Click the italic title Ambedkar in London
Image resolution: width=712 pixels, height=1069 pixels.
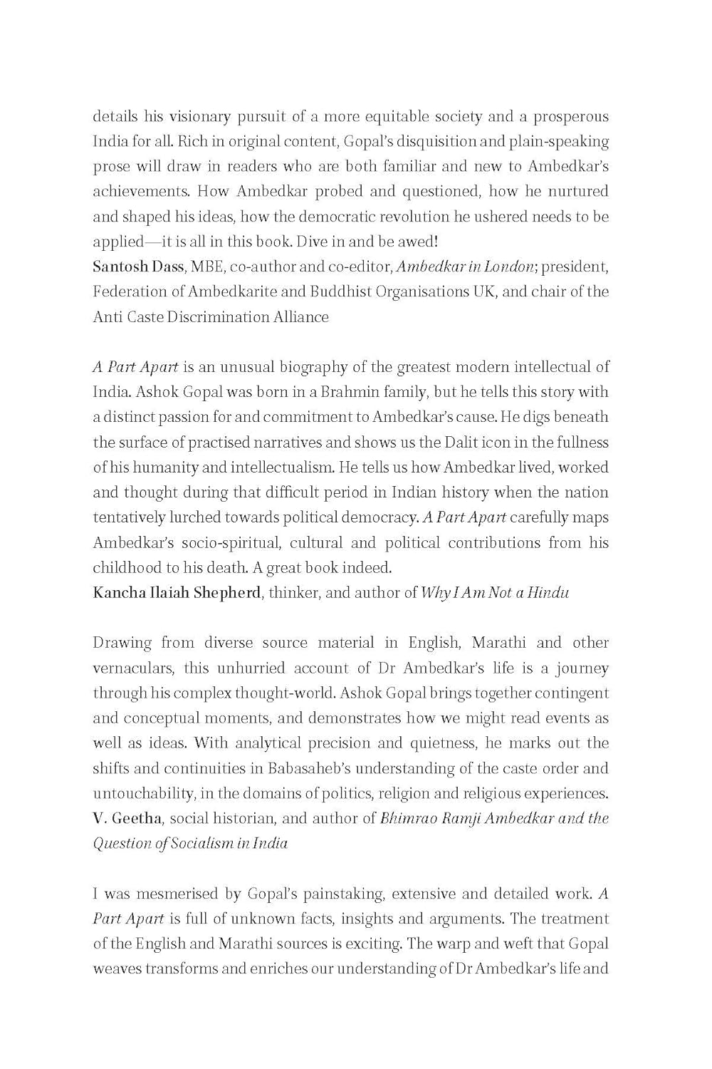pos(465,267)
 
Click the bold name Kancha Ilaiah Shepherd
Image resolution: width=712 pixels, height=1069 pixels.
pos(177,592)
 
